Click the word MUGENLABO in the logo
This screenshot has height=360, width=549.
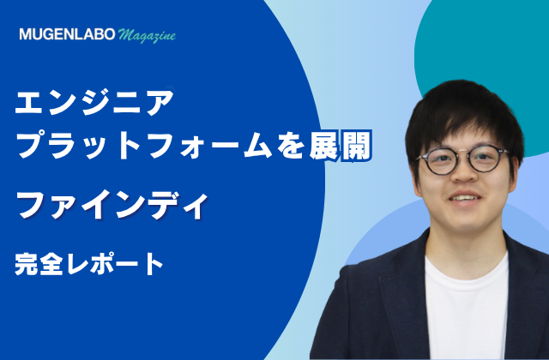[x=67, y=34]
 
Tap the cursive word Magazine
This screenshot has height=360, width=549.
[x=147, y=36]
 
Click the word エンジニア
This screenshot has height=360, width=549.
[x=94, y=102]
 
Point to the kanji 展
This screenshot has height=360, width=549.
[x=324, y=146]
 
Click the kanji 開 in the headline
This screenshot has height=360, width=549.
[x=356, y=146]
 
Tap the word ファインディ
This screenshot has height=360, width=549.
[x=112, y=206]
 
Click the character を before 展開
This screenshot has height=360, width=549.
[x=290, y=146]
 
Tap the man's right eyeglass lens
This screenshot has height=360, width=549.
[x=487, y=159]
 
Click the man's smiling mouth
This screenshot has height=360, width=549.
[x=465, y=198]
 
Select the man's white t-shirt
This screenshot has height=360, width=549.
[x=466, y=308]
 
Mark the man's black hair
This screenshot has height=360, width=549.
[x=462, y=112]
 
